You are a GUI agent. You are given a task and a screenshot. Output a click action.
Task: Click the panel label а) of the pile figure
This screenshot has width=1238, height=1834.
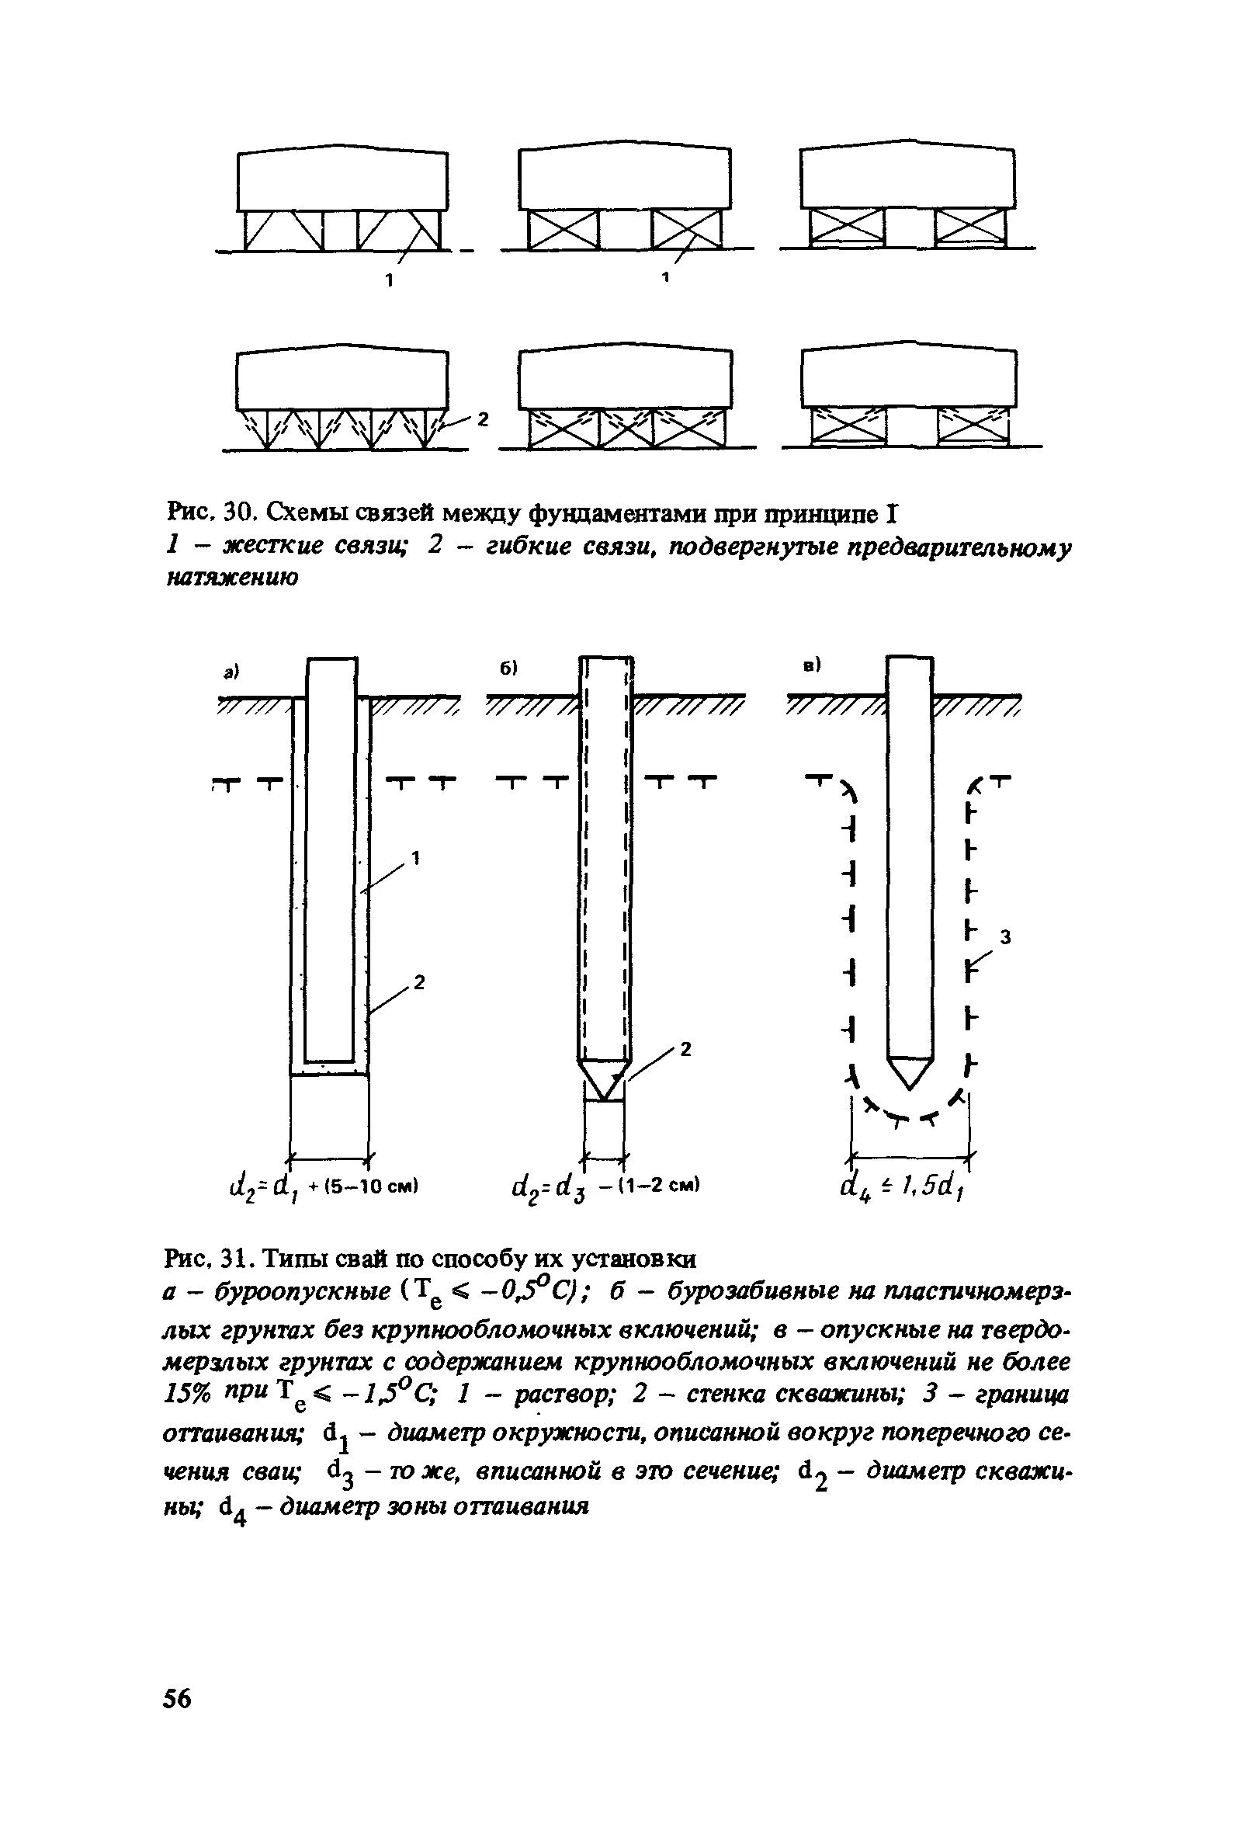coord(231,672)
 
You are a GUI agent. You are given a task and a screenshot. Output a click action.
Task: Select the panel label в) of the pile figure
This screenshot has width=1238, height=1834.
coord(812,665)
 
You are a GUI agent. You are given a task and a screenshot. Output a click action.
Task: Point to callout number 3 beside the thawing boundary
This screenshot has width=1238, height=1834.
coord(1005,936)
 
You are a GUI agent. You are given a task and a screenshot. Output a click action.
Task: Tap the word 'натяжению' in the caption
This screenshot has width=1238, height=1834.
coord(233,578)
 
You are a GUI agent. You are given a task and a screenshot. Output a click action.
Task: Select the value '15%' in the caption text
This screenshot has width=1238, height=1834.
coord(186,1395)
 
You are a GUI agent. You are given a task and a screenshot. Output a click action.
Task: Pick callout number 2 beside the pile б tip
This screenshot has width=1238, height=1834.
coord(685,1049)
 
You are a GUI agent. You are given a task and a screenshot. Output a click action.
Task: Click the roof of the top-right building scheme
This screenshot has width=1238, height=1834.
coord(907,147)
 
